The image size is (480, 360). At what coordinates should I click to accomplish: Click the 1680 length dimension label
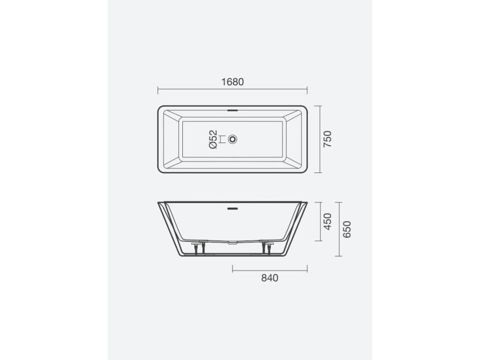(x=232, y=82)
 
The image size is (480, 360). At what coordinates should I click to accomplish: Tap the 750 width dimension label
(x=328, y=139)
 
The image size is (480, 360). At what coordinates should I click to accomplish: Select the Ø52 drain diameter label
(x=213, y=139)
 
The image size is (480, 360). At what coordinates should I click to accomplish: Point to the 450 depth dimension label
(x=328, y=222)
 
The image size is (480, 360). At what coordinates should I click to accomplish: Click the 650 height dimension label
(x=347, y=229)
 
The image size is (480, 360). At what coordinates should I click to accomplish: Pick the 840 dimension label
(x=270, y=278)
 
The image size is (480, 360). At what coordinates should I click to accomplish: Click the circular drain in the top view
(x=232, y=140)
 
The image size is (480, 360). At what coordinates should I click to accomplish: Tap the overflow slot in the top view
(x=232, y=109)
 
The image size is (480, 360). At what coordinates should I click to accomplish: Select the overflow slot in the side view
(x=232, y=209)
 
